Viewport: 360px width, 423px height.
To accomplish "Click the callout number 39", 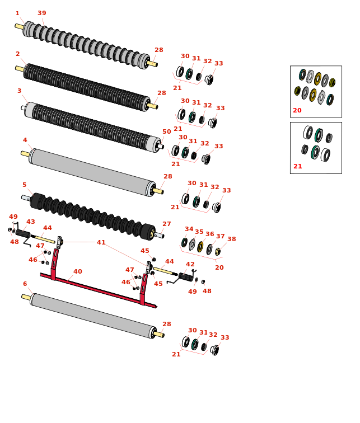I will (42, 13).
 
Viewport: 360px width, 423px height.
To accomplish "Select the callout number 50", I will (166, 132).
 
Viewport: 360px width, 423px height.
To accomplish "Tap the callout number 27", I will (166, 224).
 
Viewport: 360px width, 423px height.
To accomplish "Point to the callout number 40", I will (77, 272).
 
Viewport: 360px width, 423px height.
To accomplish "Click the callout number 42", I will (190, 264).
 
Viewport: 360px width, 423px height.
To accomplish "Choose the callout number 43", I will (30, 222).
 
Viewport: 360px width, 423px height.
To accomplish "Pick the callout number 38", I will (231, 239).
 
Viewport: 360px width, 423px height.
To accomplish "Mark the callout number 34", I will (189, 229).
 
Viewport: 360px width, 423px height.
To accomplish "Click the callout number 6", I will (25, 284).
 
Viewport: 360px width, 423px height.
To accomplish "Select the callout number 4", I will (25, 140).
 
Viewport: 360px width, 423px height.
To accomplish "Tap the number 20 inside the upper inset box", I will (297, 110).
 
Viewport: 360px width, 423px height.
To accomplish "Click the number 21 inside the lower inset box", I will (298, 167).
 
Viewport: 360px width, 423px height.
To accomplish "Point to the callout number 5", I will (24, 185).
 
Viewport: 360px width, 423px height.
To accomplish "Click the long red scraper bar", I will (95, 288).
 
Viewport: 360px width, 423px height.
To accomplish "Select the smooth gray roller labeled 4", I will (92, 172).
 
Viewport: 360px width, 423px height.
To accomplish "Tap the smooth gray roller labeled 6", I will (92, 316).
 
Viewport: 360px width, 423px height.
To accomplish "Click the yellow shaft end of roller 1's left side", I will (19, 26).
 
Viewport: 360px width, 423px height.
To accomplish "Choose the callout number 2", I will (17, 54).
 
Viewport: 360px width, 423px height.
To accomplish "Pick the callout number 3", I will (19, 91).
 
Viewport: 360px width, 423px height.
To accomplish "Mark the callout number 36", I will (209, 234).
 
